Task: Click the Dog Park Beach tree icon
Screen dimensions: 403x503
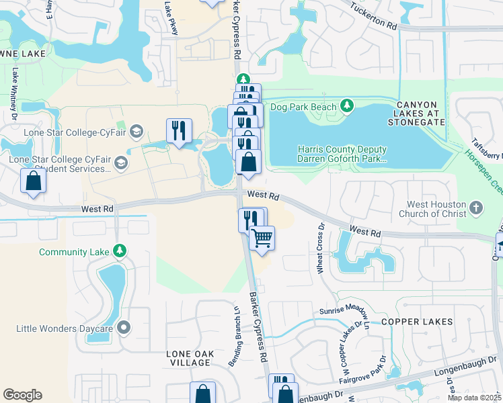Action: [346, 105]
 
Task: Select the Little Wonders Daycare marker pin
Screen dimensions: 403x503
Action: [124, 328]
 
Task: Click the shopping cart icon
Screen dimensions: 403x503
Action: [262, 238]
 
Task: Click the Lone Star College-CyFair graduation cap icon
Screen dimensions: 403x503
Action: [137, 131]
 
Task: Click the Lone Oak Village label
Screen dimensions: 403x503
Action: [190, 357]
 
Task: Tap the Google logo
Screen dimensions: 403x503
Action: [22, 395]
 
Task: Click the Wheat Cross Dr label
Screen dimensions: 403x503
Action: [320, 249]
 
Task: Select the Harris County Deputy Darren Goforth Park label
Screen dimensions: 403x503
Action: [342, 154]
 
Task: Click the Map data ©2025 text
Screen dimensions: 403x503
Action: [474, 398]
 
